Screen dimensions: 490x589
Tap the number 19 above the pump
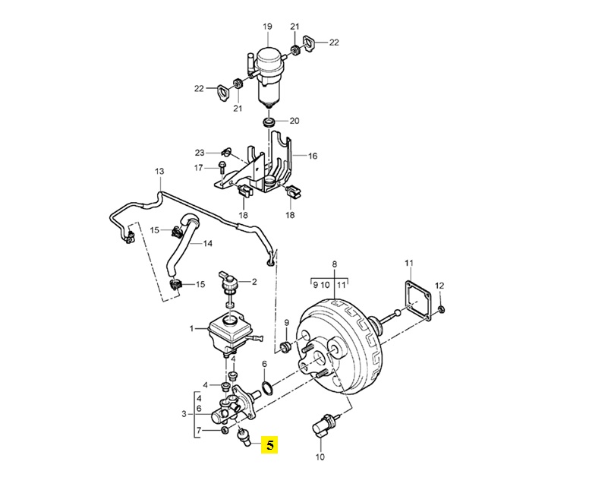pos(267,27)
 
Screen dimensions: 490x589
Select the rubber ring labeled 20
pos(268,122)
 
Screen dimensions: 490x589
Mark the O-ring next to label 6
pos(266,389)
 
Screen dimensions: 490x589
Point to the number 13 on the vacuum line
pos(159,172)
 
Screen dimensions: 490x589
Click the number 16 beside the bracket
pos(312,156)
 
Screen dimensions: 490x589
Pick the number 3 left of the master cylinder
pos(184,413)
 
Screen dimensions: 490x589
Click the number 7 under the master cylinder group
pos(199,431)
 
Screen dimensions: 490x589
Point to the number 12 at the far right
pos(439,285)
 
